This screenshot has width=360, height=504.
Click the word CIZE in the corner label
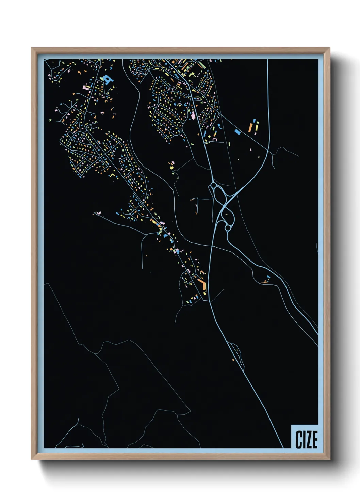tap(306, 439)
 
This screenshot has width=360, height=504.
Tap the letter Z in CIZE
tap(309, 439)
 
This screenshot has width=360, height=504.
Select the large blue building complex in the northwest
tap(108, 80)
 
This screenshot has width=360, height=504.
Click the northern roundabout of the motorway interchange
tap(214, 186)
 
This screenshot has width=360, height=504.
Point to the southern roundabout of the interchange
tap(227, 227)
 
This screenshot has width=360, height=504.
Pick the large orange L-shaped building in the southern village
tap(203, 285)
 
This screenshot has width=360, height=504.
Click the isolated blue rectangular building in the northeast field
tap(238, 131)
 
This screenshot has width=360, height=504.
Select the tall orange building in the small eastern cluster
tap(251, 127)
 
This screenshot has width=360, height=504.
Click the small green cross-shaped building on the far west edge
tap(50, 120)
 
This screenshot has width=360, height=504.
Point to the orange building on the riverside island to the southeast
tap(265, 281)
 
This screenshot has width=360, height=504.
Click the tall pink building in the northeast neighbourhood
tap(193, 115)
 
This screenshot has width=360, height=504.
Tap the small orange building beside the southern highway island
tap(233, 360)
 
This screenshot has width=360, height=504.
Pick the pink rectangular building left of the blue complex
tap(86, 88)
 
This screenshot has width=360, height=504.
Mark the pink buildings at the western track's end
tap(99, 213)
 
